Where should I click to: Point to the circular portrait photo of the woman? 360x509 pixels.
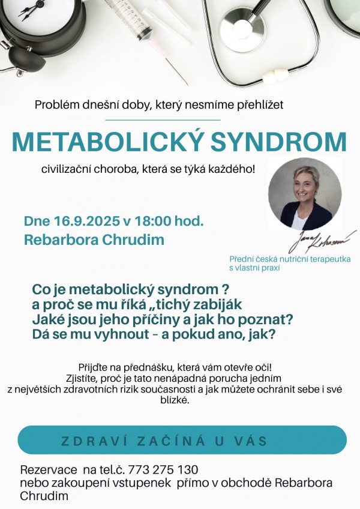click(305, 195)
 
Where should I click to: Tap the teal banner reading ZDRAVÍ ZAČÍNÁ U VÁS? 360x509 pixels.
click(182, 441)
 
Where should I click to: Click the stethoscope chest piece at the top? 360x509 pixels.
click(242, 26)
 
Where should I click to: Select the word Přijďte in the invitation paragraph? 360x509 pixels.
click(92, 367)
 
